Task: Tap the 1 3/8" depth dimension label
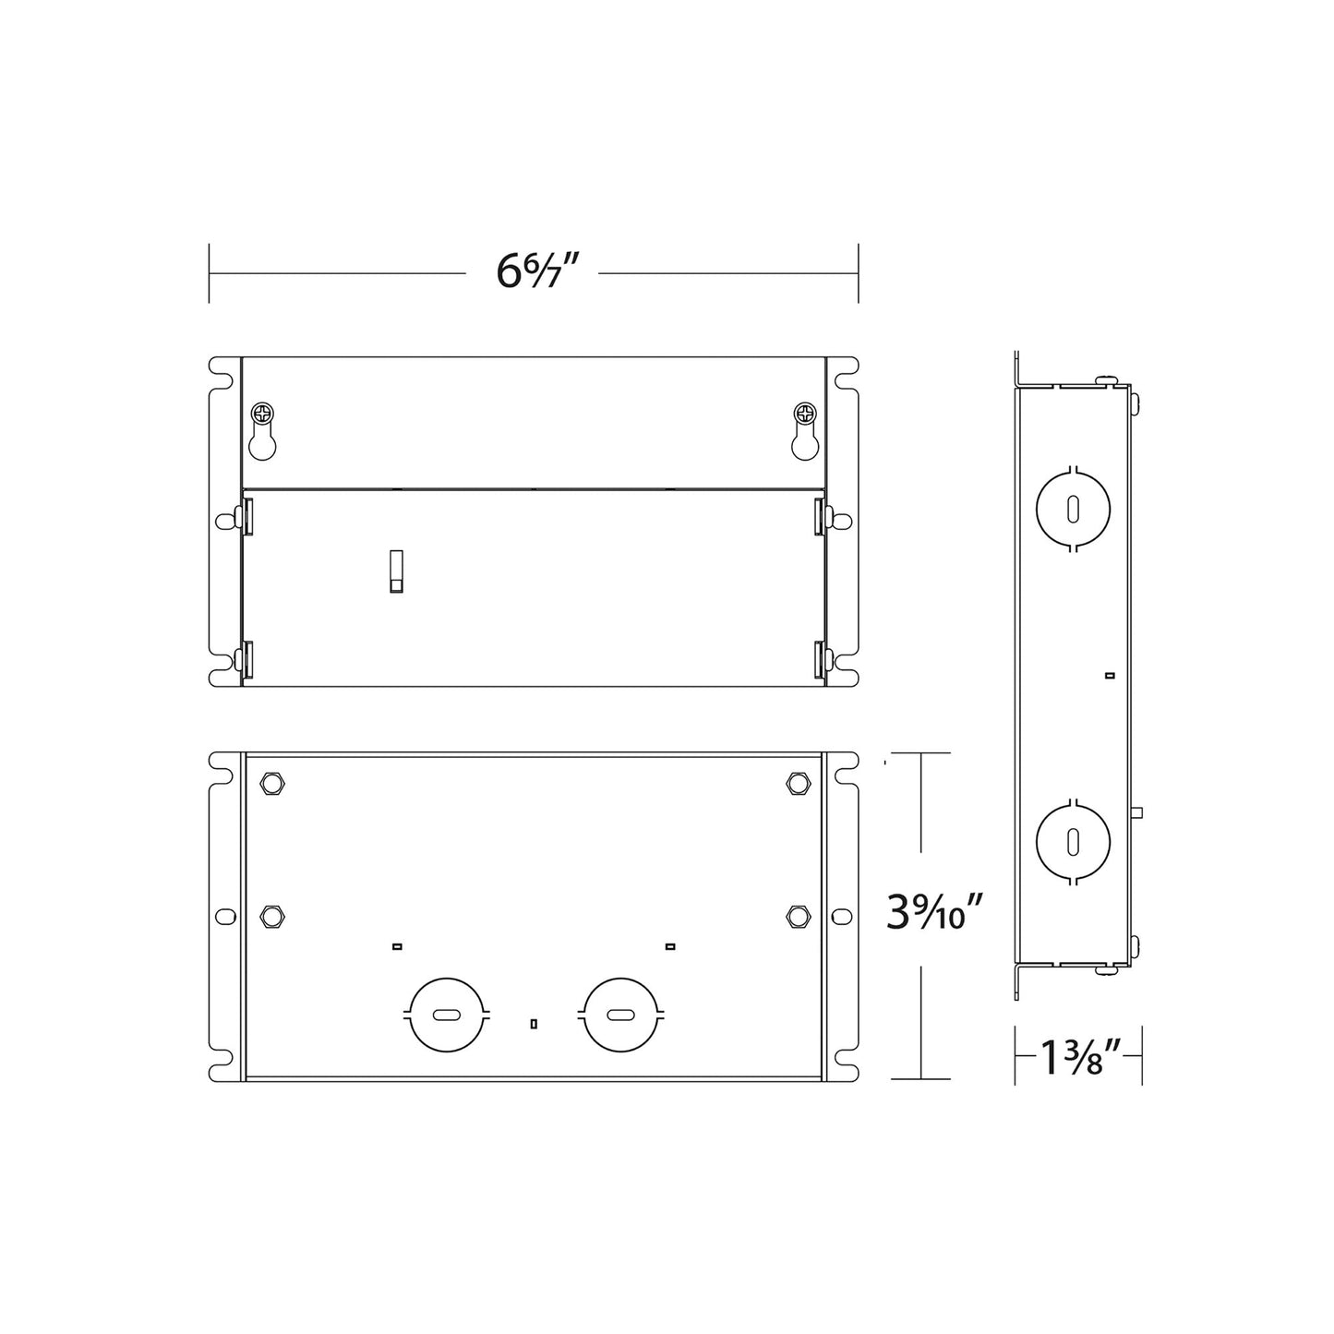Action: (x=1081, y=1057)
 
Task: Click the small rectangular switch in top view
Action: (x=396, y=571)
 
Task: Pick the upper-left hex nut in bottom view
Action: (x=272, y=784)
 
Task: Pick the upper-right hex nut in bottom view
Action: (x=797, y=784)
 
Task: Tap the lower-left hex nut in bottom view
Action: (x=272, y=916)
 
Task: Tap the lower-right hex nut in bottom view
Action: (x=797, y=916)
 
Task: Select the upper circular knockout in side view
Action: (x=1074, y=510)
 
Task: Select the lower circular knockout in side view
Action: (x=1074, y=842)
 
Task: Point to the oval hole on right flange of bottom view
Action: (x=841, y=916)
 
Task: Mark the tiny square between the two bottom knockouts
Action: (x=534, y=1023)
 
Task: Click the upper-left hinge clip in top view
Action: (x=246, y=517)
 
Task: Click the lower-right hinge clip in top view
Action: (x=820, y=660)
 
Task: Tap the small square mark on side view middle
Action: (x=1109, y=676)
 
